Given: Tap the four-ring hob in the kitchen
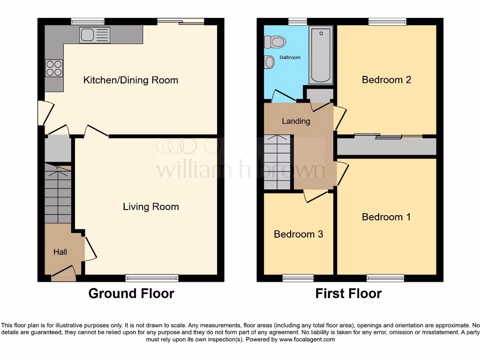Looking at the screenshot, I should tap(53, 68).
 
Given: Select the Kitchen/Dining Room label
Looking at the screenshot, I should tap(130, 80).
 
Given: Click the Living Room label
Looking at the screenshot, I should tap(150, 207).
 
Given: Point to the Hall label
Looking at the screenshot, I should tap(60, 252).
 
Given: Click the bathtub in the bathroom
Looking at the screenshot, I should tap(321, 55).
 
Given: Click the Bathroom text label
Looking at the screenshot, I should tap(290, 58).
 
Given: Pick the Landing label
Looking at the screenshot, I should tap(296, 121).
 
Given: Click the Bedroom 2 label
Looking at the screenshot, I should tap(386, 80).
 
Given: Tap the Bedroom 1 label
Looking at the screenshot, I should tap(386, 217).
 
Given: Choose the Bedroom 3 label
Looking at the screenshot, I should tap(298, 234).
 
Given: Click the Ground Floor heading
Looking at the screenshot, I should tap(131, 294).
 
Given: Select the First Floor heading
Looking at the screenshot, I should tap(348, 294).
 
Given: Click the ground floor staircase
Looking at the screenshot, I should tap(58, 194).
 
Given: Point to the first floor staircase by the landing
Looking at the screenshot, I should tap(277, 162).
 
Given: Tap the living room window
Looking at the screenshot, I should tap(152, 278).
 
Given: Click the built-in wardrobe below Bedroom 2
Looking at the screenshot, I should tap(387, 147).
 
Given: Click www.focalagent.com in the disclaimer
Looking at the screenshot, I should tap(307, 339).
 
